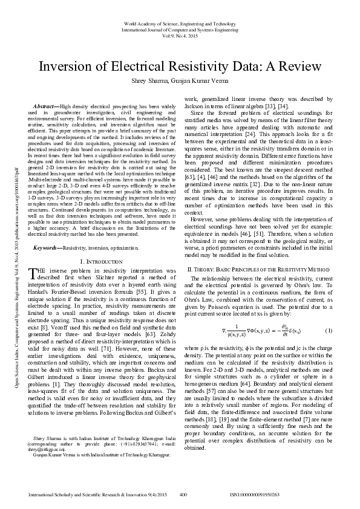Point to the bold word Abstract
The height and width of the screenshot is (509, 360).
(46, 106)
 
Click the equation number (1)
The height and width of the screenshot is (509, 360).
(329, 331)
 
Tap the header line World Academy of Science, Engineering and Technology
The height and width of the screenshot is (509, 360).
(179, 23)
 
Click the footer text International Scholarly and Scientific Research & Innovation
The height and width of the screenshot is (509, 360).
(97, 494)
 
